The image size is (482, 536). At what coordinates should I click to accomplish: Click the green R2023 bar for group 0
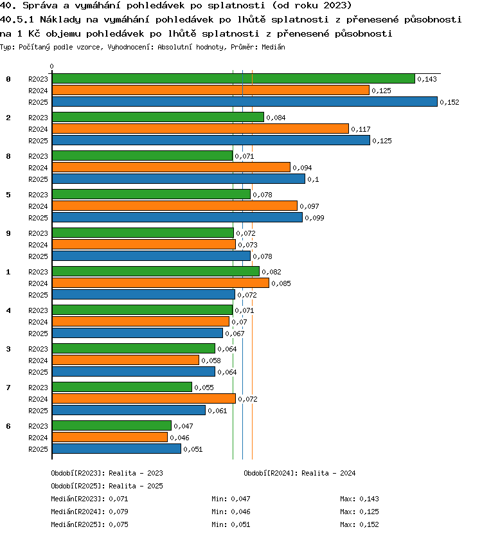tap(233, 78)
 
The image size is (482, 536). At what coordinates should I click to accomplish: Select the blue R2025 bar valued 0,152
tap(245, 102)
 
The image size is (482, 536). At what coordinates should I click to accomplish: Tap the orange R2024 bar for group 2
tap(201, 129)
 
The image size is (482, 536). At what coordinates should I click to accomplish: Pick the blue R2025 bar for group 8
tap(179, 179)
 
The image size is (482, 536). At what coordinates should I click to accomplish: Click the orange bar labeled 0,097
tap(175, 206)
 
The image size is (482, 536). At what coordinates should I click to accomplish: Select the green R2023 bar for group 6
tap(112, 425)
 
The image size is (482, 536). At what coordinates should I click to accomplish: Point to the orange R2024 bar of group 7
tap(144, 398)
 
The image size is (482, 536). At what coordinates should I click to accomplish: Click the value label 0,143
tap(427, 79)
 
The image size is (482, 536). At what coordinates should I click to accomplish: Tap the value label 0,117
tap(361, 130)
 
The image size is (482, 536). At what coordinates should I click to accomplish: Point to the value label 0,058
tap(211, 361)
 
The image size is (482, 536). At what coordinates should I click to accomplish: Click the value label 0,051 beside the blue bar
tap(193, 449)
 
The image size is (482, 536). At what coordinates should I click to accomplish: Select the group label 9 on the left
tap(8, 233)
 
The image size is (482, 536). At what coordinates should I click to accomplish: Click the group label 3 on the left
tap(8, 349)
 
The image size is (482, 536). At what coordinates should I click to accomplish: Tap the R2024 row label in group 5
tap(38, 206)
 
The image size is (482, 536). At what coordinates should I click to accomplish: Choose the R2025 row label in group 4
tap(38, 334)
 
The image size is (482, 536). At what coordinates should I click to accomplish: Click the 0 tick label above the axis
tap(51, 66)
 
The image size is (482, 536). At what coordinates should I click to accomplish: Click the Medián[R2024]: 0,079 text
tap(89, 512)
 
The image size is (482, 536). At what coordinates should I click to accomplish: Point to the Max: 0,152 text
tap(359, 524)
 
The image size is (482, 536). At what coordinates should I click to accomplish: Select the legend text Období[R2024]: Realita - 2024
tap(299, 473)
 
